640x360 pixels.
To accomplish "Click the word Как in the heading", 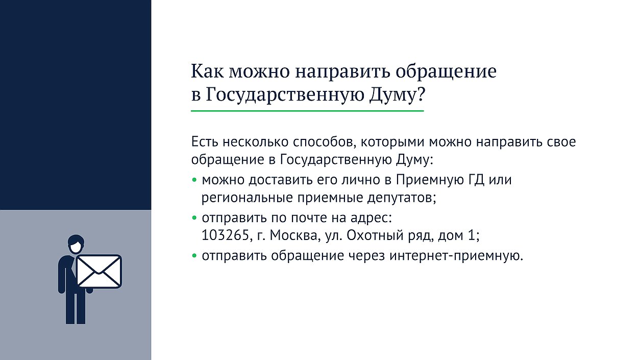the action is (207, 71).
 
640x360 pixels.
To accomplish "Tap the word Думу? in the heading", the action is (397, 95).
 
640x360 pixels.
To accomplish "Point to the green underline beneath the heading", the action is (307, 111).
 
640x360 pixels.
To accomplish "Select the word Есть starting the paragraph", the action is (205, 142).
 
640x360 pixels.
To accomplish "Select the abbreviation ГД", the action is (476, 180).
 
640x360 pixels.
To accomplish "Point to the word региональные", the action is (248, 198).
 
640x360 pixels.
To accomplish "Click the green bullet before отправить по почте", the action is (194, 218).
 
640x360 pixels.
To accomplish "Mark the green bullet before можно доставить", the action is (194, 180).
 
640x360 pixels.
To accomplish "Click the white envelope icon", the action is (99, 271).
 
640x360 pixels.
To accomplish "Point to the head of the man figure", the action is (76, 244).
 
